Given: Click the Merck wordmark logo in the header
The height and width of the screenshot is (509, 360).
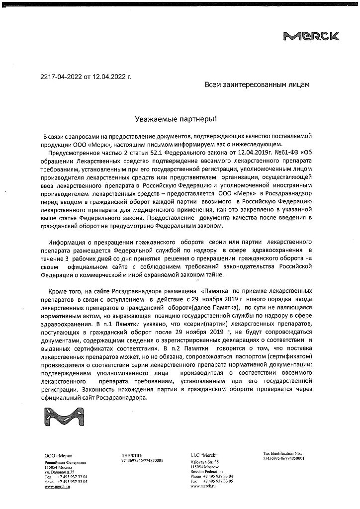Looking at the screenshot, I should pos(311,35).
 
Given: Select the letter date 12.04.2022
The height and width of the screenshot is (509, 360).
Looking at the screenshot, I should pos(108,77).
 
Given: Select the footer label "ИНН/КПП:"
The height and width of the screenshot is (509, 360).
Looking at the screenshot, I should pos(131,455).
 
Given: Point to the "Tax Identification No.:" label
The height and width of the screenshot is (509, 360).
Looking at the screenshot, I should pos(282,454).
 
